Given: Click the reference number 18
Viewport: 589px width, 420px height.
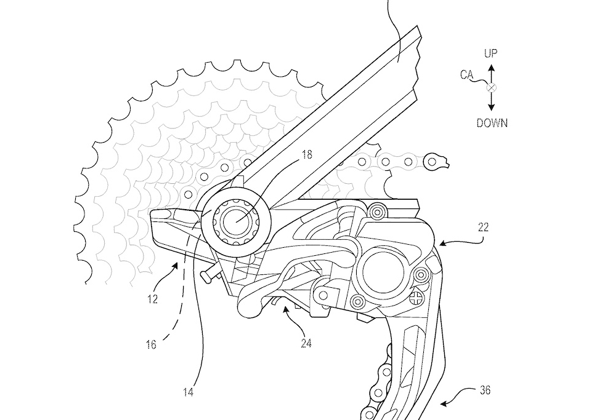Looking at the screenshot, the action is point(307,154).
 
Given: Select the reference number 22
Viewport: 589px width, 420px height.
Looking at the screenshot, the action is point(484,228).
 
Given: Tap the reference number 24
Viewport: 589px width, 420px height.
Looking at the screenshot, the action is point(306,343).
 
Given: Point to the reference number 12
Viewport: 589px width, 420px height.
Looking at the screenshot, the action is point(153,299).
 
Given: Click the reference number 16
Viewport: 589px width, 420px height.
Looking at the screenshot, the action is point(151,344).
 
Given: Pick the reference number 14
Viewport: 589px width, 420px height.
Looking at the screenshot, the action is point(188,392).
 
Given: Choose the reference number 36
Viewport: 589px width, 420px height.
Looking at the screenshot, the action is point(485,390).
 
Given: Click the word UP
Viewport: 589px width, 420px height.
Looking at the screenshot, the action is point(490,53).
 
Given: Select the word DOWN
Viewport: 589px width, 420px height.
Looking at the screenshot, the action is point(492,122).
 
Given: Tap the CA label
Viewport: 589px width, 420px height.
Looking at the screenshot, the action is point(466,74).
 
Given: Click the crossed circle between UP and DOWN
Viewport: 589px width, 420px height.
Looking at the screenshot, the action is point(491,88).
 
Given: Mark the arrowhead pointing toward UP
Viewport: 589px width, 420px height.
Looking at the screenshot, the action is point(491,68).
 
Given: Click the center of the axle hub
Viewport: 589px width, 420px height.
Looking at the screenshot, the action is point(236,221).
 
